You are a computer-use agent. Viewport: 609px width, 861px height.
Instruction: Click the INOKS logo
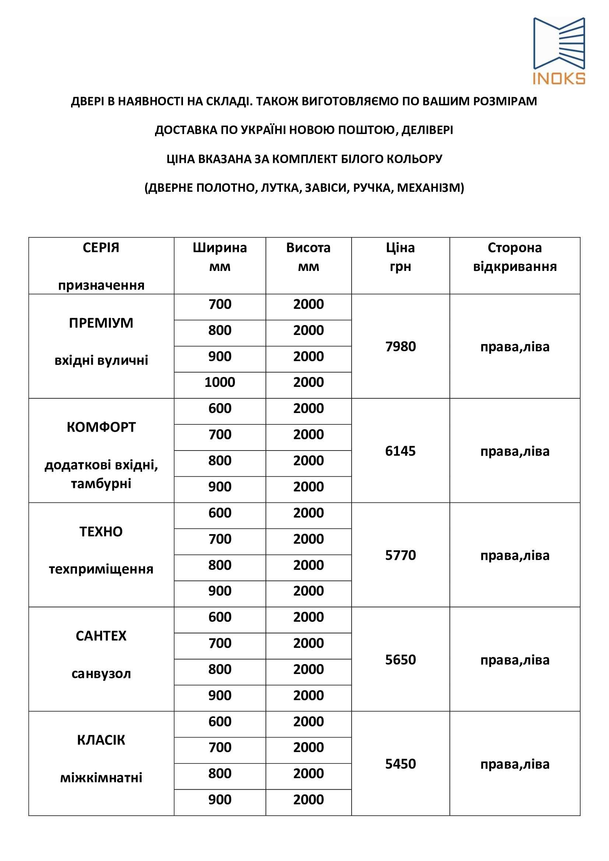coord(559,51)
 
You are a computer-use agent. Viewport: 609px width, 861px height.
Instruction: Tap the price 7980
coord(401,346)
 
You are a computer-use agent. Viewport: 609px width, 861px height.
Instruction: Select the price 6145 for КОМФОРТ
coord(401,451)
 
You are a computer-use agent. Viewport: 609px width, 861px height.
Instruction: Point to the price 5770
coord(401,555)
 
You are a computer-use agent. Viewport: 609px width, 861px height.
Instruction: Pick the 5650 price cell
coord(401,659)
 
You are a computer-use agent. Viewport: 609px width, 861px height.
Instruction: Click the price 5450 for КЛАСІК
coord(401,763)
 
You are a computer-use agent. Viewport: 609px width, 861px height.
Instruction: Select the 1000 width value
coord(220,382)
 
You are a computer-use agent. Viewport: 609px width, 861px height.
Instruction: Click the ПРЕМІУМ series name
coord(101,323)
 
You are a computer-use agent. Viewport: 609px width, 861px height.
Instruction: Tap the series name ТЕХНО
coord(101,532)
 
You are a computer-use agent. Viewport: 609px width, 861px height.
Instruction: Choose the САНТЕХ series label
coord(101,636)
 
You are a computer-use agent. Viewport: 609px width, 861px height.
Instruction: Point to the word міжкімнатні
coord(101,778)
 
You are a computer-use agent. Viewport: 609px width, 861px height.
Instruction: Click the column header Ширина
coord(220,248)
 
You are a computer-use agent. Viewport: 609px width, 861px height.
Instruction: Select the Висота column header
coord(308,248)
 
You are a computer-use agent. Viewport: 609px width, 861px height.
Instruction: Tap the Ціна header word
coord(401,248)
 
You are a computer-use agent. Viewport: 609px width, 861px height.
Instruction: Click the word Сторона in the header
coord(514,248)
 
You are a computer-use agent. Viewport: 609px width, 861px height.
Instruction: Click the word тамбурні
coord(101,484)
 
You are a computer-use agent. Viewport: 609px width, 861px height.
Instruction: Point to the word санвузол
coord(101,674)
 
